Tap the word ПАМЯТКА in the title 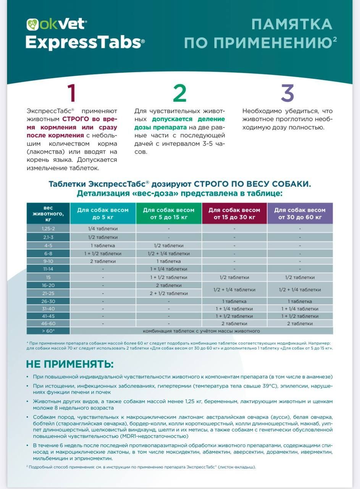tap(292, 24)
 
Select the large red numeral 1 tap(71, 93)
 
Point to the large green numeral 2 tap(179, 93)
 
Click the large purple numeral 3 tap(287, 93)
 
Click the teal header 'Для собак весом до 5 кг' tap(103, 214)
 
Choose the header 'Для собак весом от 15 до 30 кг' tap(234, 214)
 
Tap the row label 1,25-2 tap(48, 228)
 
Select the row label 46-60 tap(48, 324)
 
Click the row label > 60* tap(48, 331)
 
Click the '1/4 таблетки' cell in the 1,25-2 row tap(103, 228)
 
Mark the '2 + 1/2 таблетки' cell tap(168, 293)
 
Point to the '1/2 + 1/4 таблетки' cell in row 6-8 tap(168, 254)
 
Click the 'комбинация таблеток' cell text tap(201, 331)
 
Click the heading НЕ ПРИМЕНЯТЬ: tap(70, 363)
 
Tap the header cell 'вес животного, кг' tap(48, 214)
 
